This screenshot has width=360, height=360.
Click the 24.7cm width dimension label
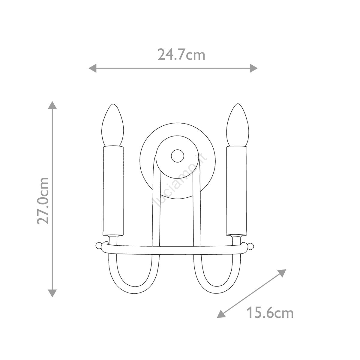pos(181,55)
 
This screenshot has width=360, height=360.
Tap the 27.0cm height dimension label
pos(43,201)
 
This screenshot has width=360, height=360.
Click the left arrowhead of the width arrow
pos(92,68)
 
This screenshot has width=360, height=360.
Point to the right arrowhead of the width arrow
pos(253,68)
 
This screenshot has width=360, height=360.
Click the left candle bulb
pos(113,125)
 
